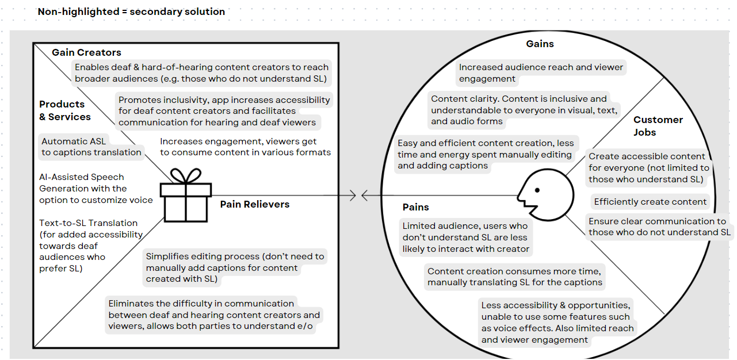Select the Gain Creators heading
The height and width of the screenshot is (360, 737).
pos(86,52)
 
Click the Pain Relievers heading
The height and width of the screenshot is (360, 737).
pos(254,204)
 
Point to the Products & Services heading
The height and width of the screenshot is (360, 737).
pos(64,110)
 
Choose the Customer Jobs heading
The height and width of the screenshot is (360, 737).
pos(658,126)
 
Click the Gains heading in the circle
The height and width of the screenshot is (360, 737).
pos(540,44)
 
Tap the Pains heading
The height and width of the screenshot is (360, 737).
pos(415,207)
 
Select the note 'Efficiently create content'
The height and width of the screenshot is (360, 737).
pos(650,202)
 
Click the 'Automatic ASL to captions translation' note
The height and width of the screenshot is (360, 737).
pos(91,147)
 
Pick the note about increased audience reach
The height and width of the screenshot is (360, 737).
pos(541,73)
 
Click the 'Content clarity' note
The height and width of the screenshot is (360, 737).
pos(524,110)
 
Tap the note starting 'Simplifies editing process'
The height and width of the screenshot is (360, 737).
pos(235,267)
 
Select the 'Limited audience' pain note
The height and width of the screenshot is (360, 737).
pos(465,237)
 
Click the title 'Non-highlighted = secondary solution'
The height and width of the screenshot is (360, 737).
pos(131,12)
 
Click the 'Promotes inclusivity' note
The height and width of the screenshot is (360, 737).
pos(224,111)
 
